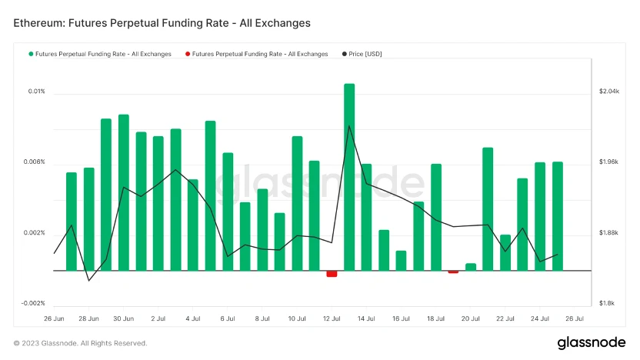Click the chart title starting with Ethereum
coord(162,23)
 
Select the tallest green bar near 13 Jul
coord(349,177)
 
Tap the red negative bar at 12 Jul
coord(332,274)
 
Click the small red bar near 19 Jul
coord(453,272)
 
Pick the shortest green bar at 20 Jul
coord(471,267)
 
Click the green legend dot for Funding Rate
coord(32,54)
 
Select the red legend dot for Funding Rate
coord(188,54)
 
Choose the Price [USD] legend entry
coord(362,54)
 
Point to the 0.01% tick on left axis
coord(37,92)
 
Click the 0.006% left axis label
coord(35,162)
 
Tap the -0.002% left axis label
coord(33,303)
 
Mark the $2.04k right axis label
coord(608,92)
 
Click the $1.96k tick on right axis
coord(608,162)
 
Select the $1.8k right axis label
coord(607,303)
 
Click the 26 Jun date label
coord(54,318)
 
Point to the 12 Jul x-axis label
coord(332,318)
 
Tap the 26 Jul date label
coord(575,318)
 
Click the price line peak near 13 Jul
coord(349,126)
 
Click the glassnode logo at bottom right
coord(591,342)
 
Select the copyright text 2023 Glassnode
coord(81,343)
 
